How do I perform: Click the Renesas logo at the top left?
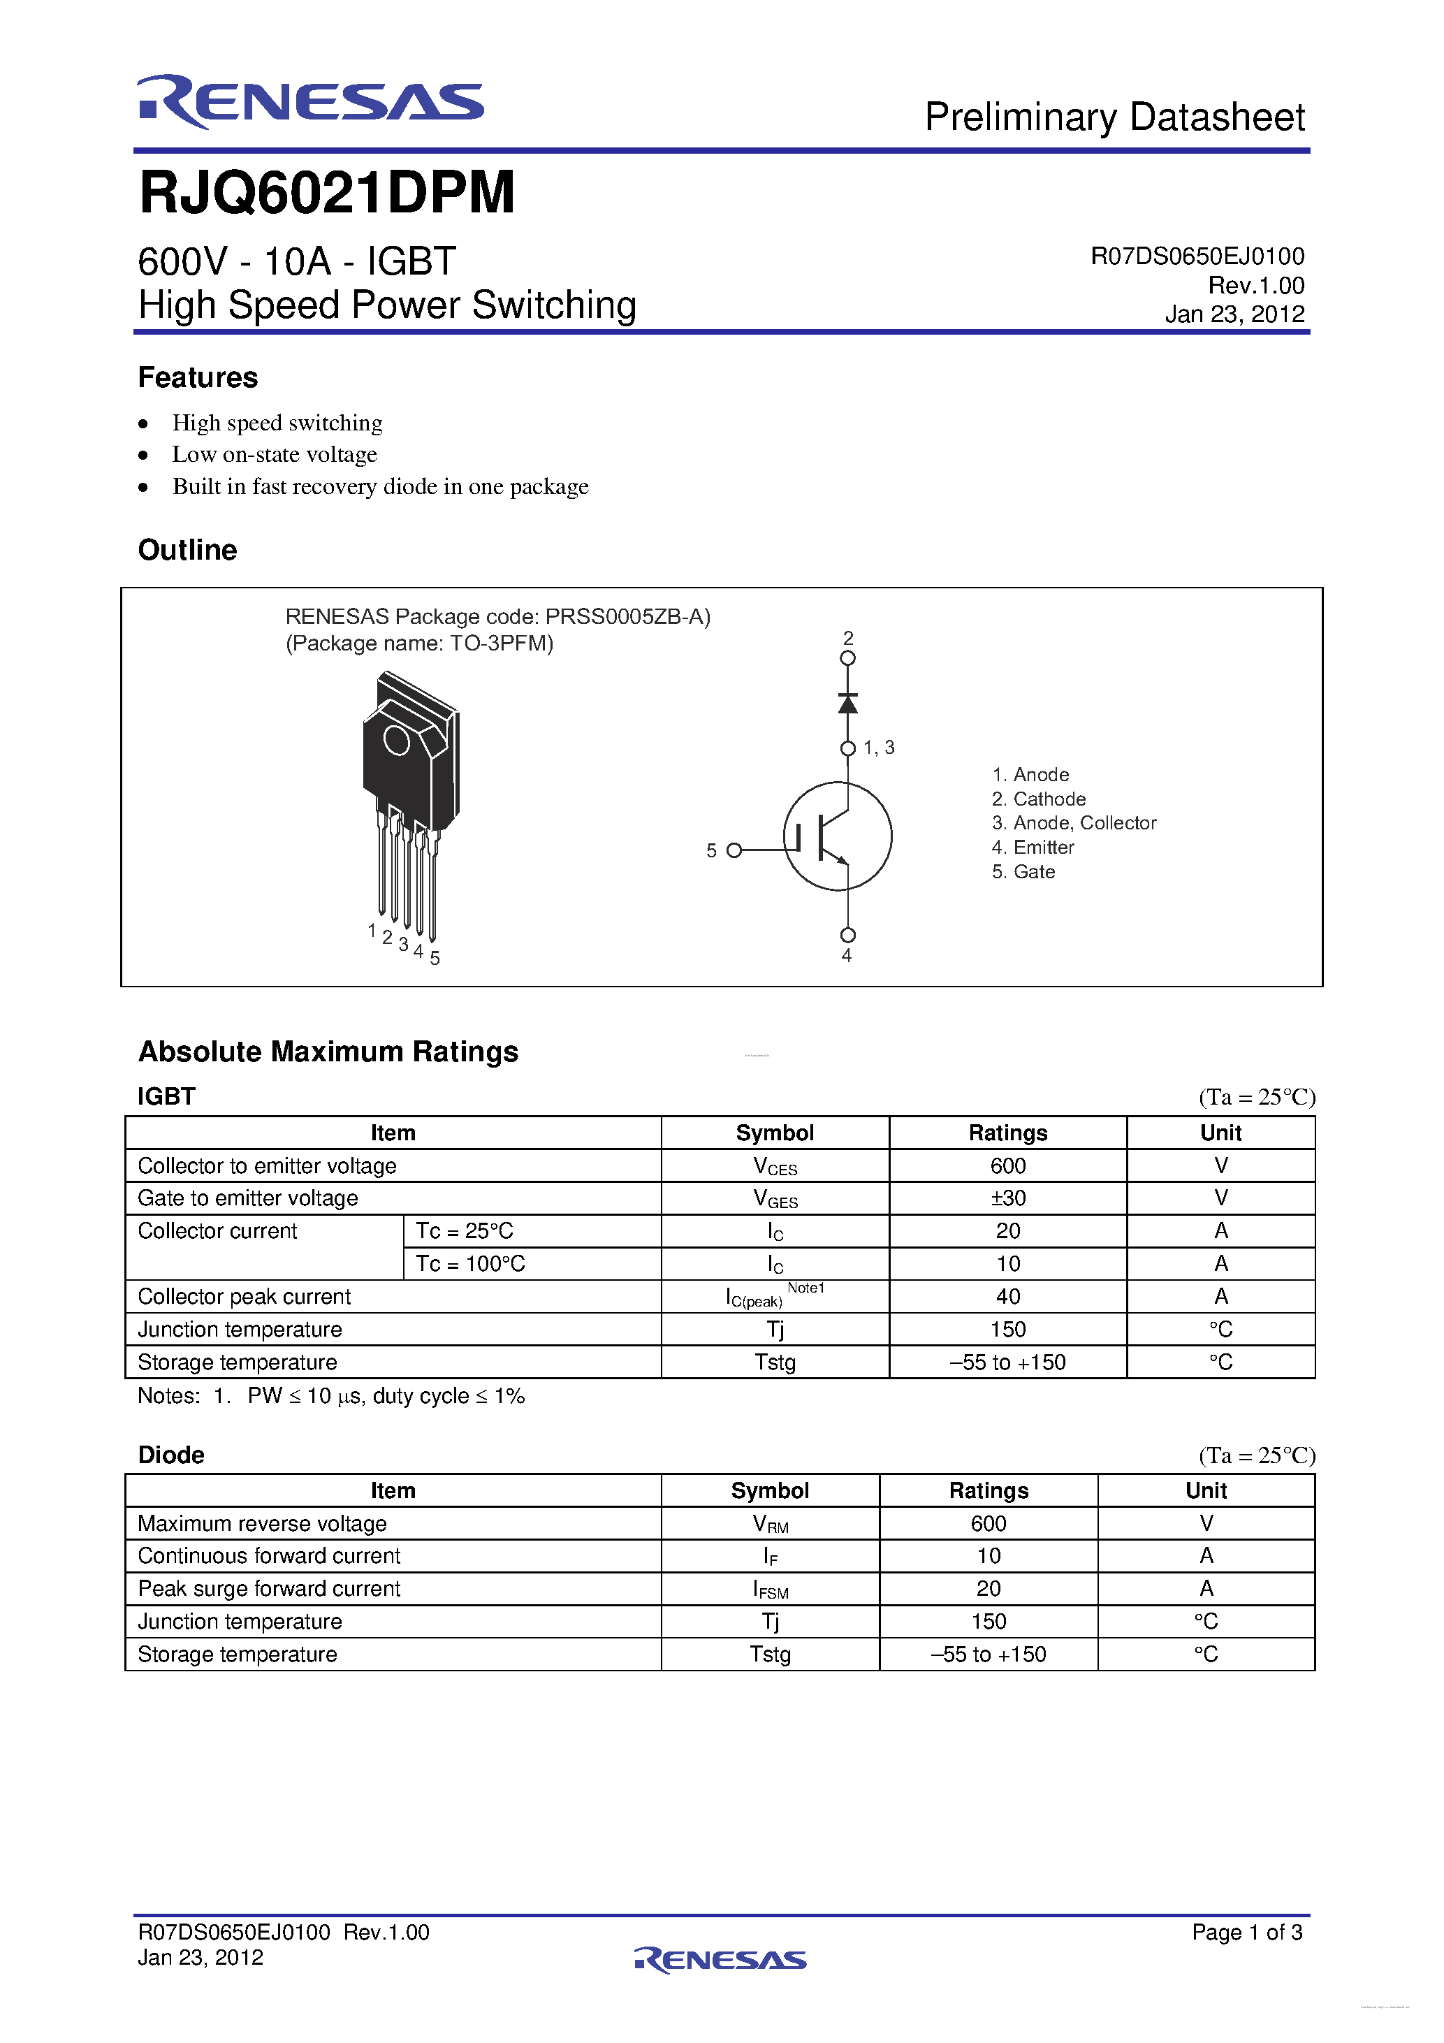(x=309, y=101)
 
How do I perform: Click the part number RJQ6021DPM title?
(x=326, y=193)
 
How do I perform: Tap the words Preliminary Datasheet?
(x=1114, y=117)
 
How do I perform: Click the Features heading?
(x=198, y=377)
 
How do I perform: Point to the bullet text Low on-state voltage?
(x=274, y=455)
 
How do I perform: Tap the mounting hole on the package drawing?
(x=396, y=741)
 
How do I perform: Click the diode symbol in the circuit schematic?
(x=848, y=703)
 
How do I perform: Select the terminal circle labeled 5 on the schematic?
(x=734, y=850)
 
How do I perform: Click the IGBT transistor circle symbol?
(x=837, y=836)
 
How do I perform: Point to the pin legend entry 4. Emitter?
(x=1033, y=847)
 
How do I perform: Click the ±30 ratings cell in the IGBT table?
(x=1008, y=1198)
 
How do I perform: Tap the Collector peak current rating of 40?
(x=1008, y=1297)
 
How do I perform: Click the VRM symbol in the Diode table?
(x=771, y=1525)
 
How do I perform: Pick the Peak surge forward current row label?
(x=269, y=1590)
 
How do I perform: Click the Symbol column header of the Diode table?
(x=770, y=1490)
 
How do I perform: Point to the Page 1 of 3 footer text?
(x=1246, y=1932)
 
